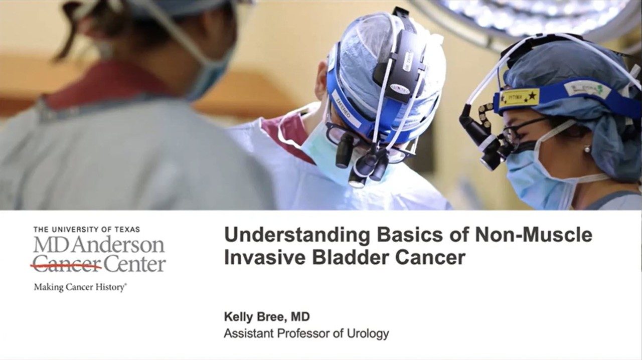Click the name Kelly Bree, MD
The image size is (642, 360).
pyautogui.click(x=266, y=317)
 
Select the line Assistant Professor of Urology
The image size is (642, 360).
pyautogui.click(x=306, y=333)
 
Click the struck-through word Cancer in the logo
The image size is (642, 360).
pyautogui.click(x=67, y=264)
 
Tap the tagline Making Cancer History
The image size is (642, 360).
pyautogui.click(x=80, y=287)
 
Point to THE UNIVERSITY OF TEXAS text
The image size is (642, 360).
pyautogui.click(x=87, y=229)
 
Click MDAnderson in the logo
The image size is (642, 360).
pyautogui.click(x=99, y=246)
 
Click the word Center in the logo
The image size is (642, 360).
pyautogui.click(x=134, y=264)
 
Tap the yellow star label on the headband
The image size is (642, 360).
pyautogui.click(x=519, y=97)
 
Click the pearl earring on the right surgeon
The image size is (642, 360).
pyautogui.click(x=586, y=149)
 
